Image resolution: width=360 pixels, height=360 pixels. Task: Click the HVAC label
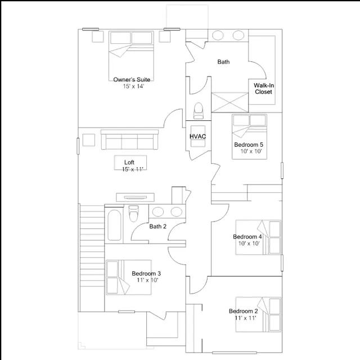point(197,136)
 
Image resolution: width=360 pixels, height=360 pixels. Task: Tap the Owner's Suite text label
point(132,80)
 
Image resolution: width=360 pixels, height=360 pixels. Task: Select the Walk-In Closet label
point(264,89)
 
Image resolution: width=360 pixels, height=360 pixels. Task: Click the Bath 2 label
point(157,226)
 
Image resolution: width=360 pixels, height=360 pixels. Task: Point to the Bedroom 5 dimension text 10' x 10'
point(251,151)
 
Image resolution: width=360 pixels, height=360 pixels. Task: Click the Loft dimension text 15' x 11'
point(133,169)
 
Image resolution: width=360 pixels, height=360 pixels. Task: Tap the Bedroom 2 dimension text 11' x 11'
point(245,318)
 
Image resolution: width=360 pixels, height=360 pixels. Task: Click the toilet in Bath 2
point(134,213)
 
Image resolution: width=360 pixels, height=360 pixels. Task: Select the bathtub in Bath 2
point(114,225)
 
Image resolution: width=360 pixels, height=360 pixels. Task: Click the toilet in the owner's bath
point(199,111)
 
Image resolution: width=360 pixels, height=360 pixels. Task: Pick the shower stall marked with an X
point(230,102)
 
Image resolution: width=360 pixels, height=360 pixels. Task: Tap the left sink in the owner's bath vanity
point(218,35)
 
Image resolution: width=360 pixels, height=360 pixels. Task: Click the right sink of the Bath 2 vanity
point(177,211)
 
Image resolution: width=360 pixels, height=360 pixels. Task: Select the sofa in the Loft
point(130,139)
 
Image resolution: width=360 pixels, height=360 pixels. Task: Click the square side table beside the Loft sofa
point(89,140)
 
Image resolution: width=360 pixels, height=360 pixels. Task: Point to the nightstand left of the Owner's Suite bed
point(98,37)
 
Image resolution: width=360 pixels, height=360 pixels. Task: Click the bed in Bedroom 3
point(129,277)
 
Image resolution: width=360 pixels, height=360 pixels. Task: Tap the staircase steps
point(92,258)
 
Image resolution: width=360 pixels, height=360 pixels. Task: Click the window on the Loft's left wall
point(78,146)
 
